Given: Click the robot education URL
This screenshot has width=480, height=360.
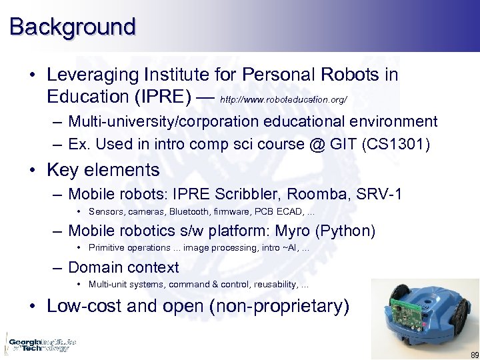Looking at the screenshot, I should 283,99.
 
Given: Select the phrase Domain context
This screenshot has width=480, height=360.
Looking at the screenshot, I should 123,267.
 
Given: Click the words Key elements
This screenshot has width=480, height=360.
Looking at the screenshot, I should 103,170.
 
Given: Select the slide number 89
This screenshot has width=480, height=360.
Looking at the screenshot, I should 473,355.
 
